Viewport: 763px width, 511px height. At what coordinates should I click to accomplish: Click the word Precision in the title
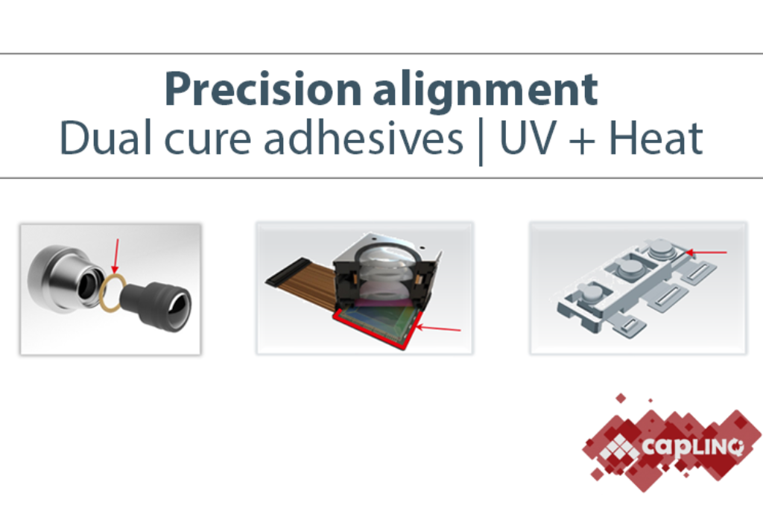pyautogui.click(x=263, y=89)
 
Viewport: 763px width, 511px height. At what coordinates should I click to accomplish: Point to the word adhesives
pyautogui.click(x=363, y=138)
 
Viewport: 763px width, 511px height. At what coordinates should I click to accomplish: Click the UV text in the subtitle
pyautogui.click(x=528, y=139)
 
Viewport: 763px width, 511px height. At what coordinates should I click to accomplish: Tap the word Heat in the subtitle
pyautogui.click(x=656, y=139)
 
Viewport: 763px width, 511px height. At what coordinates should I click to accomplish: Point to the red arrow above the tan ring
pyautogui.click(x=115, y=256)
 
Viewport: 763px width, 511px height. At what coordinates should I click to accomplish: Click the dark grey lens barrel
pyautogui.click(x=156, y=305)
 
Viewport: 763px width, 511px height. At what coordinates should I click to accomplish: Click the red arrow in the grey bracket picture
pyautogui.click(x=706, y=252)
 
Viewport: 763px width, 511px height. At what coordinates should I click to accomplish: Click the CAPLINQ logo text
pyautogui.click(x=692, y=446)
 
